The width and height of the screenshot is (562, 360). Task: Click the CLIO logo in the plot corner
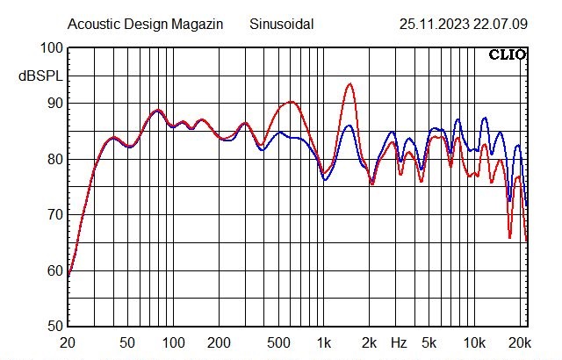pyautogui.click(x=508, y=55)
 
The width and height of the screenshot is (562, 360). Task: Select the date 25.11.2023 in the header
pyautogui.click(x=429, y=24)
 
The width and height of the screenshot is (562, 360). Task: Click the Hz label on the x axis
pyautogui.click(x=399, y=342)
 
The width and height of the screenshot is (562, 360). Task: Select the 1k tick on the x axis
pyautogui.click(x=324, y=342)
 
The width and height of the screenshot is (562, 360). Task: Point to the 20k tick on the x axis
pyautogui.click(x=521, y=342)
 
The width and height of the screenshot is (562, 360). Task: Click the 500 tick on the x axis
pyautogui.click(x=279, y=342)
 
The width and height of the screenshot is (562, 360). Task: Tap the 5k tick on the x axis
pyautogui.click(x=429, y=342)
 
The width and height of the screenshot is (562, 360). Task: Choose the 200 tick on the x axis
pyautogui.click(x=220, y=342)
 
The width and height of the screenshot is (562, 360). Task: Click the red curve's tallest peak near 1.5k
pyautogui.click(x=349, y=84)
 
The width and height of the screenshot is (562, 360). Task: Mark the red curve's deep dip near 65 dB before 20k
pyautogui.click(x=509, y=237)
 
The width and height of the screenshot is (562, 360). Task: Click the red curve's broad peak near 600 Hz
pyautogui.click(x=290, y=103)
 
